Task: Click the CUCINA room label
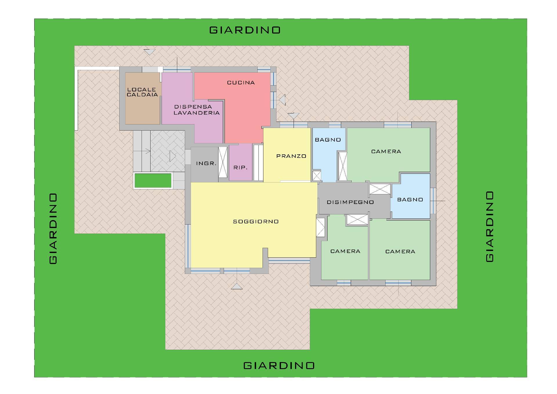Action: pos(241,83)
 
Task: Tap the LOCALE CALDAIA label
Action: pos(142,92)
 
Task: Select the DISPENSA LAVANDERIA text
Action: pos(196,110)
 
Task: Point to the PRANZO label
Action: pos(291,156)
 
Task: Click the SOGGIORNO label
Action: pos(256,222)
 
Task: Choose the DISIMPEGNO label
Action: pos(350,202)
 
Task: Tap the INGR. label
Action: pos(206,164)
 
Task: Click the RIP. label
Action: pos(240,168)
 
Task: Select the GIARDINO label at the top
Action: pos(245,30)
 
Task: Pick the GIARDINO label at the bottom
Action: pos(279,365)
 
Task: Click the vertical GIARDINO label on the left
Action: pos(53,229)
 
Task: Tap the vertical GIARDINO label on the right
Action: pos(489,227)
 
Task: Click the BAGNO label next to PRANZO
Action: pos(328,140)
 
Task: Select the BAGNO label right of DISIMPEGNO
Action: pos(410,200)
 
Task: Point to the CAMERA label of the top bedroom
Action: pos(386,151)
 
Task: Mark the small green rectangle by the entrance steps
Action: pos(153,180)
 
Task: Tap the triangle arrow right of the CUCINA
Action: pos(282,100)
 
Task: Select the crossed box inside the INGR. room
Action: pos(223,162)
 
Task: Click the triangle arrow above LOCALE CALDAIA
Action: pos(149,52)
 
